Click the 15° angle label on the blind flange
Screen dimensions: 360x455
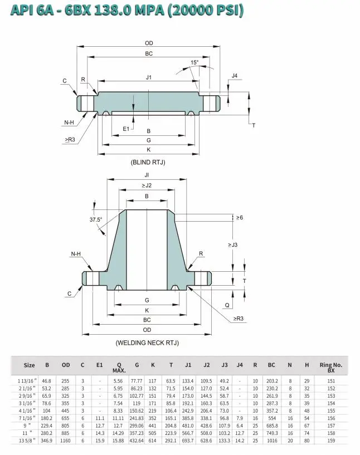pos(194,62)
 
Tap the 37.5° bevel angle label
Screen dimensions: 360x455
pos(96,219)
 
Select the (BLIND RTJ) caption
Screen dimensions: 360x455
pos(148,162)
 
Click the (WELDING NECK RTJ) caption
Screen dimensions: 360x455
pos(147,343)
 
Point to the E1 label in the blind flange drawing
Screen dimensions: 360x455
pos(126,129)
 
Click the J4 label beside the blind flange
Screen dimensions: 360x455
pos(235,76)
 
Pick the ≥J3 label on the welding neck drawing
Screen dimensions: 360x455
pos(232,244)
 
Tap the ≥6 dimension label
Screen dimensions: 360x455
pos(239,218)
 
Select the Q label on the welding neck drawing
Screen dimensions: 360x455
pos(227,305)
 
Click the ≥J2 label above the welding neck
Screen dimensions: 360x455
pos(147,185)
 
